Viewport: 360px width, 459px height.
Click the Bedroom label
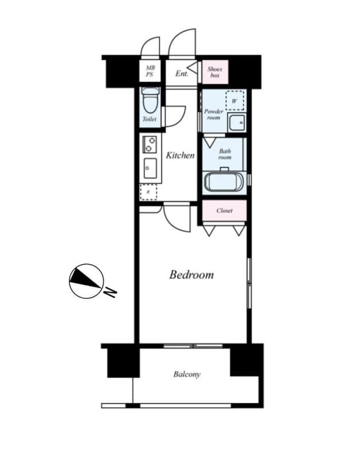191,275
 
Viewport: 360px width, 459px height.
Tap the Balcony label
187,375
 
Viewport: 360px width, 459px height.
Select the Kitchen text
180,155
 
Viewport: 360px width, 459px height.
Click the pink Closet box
224,211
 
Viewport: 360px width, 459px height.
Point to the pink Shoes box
215,72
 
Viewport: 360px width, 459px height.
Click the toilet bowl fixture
150,101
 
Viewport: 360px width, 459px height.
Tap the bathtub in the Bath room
225,182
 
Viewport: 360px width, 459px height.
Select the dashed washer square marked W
235,100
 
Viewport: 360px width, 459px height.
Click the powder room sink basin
236,122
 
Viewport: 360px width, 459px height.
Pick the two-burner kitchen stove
150,144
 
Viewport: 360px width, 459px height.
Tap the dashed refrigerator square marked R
149,192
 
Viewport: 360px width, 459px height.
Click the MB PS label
150,72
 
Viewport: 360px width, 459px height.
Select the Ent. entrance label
182,73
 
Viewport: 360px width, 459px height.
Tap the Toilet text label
149,119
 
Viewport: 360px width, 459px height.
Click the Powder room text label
213,114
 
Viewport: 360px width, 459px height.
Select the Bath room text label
225,154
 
